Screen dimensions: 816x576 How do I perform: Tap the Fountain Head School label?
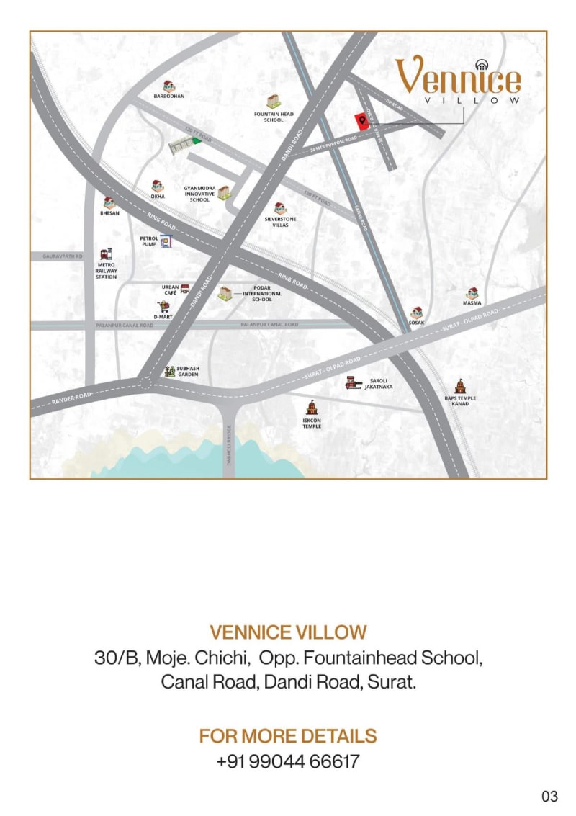coord(274,117)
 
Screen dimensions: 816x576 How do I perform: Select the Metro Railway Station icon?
coord(107,254)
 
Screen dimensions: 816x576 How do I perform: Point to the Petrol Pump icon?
coord(166,241)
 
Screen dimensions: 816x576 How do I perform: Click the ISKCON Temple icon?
coord(312,408)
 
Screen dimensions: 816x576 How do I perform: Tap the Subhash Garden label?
coord(189,371)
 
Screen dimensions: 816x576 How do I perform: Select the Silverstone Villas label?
coord(281,222)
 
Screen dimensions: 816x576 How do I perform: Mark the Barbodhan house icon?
coord(169,86)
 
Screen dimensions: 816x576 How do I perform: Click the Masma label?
coord(472,303)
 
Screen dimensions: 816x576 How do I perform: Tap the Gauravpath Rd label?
coord(63,256)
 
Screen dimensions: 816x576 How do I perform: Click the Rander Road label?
coord(71,397)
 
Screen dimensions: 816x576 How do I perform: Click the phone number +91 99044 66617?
coord(288,761)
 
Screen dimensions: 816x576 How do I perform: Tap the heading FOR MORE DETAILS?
coord(288,736)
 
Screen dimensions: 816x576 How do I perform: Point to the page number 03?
coord(549,796)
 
